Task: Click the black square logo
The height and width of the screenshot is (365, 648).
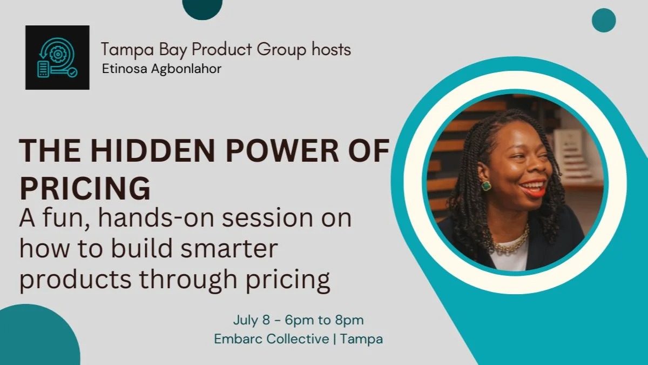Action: (57, 57)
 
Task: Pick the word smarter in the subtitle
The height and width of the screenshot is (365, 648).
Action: (229, 249)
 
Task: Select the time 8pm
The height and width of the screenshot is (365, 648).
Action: (349, 320)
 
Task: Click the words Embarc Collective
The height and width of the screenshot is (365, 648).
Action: (271, 339)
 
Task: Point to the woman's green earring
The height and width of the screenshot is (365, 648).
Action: (486, 185)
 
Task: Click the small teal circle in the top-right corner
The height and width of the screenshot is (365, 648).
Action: (604, 21)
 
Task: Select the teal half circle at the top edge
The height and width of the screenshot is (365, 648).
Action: (202, 9)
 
